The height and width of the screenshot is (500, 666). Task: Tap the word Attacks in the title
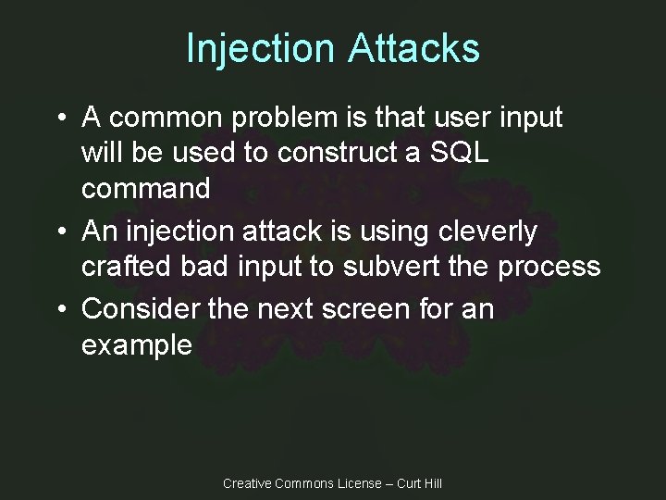[x=413, y=48]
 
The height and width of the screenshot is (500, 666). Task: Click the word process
[x=549, y=267]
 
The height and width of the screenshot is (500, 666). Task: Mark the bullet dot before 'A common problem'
[x=59, y=119]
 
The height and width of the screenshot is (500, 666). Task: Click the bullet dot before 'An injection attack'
[x=59, y=232]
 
